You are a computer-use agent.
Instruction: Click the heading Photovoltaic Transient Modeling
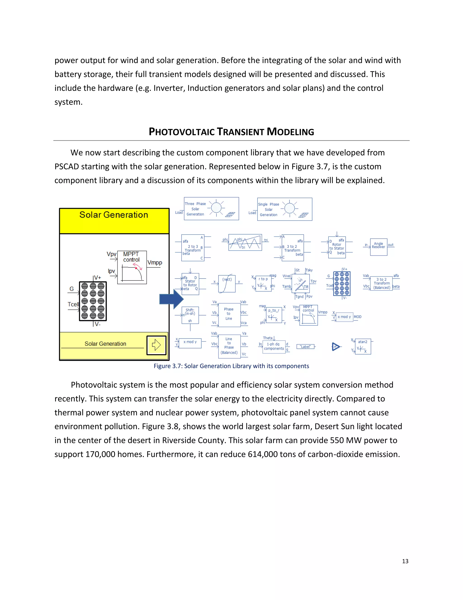tap(231, 132)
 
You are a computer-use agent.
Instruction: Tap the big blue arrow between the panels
tap(171, 299)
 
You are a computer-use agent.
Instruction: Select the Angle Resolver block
tap(378, 247)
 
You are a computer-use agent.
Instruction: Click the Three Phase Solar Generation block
tap(211, 209)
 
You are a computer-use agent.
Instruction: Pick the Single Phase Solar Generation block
tap(284, 209)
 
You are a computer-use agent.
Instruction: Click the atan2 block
tap(363, 346)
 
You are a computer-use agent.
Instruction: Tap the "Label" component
tap(305, 347)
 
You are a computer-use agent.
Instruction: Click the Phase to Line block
tap(229, 314)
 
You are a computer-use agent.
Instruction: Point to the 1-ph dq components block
tap(274, 346)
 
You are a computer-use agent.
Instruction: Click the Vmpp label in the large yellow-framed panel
tap(155, 263)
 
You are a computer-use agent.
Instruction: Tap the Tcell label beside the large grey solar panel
tap(73, 304)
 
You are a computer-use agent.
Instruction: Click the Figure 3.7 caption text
tap(231, 366)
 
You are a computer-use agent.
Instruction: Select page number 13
tap(405, 561)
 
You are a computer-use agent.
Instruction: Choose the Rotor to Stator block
tap(337, 247)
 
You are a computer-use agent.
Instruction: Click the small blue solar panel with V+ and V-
tap(342, 283)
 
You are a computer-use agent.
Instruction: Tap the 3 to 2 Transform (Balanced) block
tap(381, 283)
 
